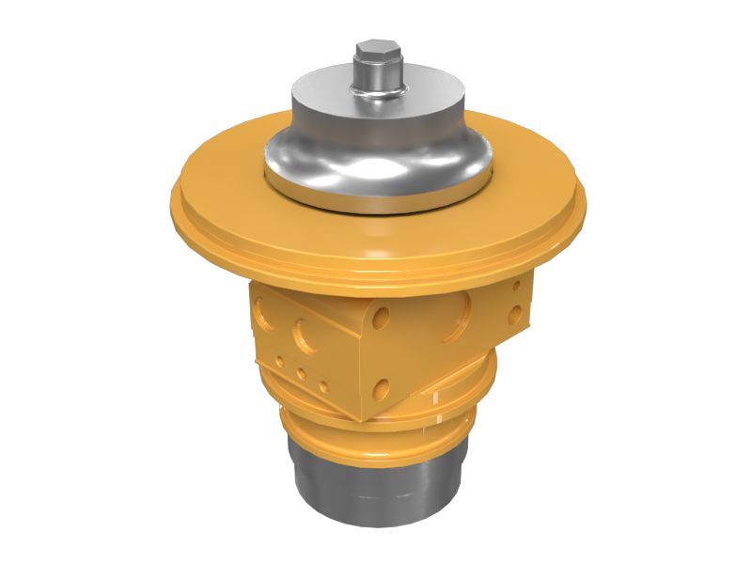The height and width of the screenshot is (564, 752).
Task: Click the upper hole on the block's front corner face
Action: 381,317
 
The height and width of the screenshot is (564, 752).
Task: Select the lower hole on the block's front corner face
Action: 381,386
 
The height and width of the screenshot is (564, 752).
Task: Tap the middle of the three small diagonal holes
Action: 301,373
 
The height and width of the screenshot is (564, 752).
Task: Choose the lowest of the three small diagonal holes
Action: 322,386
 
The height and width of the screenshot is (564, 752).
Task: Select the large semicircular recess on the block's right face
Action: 460,305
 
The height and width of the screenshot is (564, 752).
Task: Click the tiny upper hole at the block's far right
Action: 514,286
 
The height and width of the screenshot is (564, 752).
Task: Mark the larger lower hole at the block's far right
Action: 512,314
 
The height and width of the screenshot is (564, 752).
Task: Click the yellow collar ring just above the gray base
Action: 376,442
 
